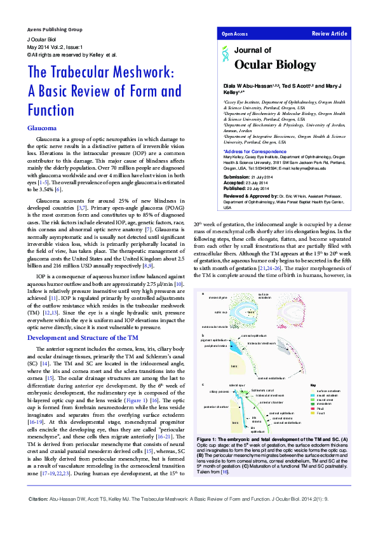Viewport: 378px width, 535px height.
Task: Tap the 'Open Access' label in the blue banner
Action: [235, 33]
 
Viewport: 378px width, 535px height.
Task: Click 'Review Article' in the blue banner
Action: [330, 33]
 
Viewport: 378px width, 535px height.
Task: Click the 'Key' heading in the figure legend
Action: [313, 385]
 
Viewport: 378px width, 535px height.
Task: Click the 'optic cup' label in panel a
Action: [221, 312]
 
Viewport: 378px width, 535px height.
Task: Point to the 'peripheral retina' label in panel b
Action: [215, 346]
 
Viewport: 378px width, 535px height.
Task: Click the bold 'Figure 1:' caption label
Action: [208, 440]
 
